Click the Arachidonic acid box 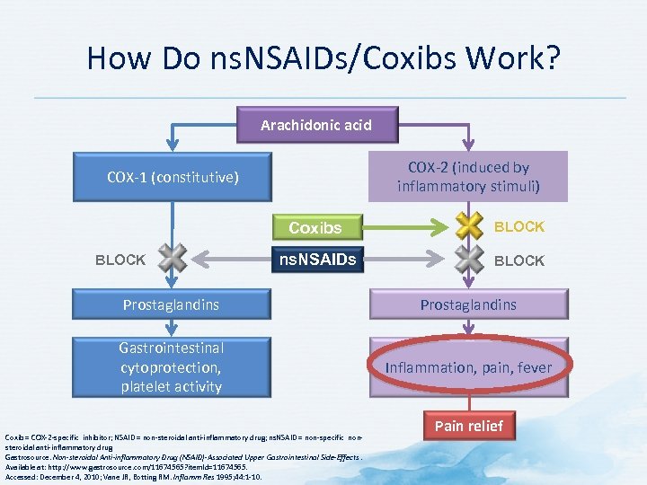[x=315, y=126]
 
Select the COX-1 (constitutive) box [x=173, y=177]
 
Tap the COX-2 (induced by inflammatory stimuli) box [x=468, y=177]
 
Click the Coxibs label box [x=315, y=227]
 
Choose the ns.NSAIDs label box [x=315, y=260]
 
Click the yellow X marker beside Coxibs [x=469, y=226]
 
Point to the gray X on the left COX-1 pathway [x=173, y=260]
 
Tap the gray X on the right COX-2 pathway [x=469, y=260]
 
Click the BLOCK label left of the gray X [x=120, y=260]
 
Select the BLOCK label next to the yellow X [x=519, y=226]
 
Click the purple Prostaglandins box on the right [x=469, y=304]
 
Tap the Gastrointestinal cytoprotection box [x=171, y=366]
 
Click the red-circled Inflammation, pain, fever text [x=469, y=367]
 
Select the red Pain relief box [x=469, y=425]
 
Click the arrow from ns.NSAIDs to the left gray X [x=229, y=260]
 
